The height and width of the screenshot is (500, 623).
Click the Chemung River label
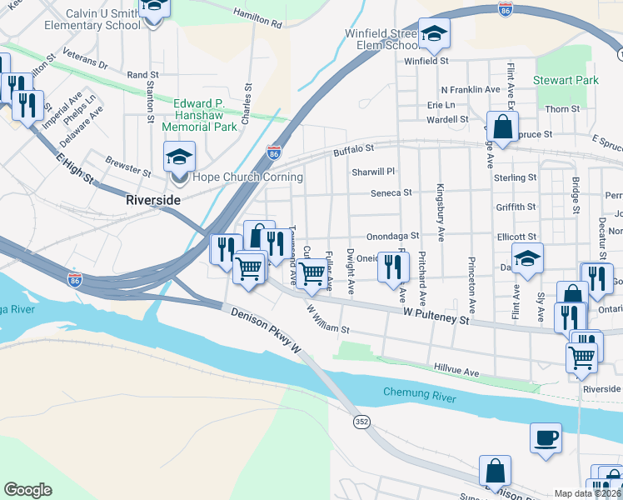pos(420,392)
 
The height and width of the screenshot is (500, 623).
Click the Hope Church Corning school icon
pos(179,155)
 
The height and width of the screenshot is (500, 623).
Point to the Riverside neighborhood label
pos(153,200)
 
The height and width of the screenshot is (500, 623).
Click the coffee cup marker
pos(546,437)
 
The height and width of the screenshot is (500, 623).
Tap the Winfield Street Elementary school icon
pos(433,33)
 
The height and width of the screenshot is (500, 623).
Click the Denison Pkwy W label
pos(266,328)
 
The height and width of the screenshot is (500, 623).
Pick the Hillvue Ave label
pos(457,368)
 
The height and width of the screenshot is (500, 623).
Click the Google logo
pos(27,490)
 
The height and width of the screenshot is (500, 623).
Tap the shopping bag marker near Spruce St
pos(502,127)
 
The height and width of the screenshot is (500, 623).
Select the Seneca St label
pos(391,192)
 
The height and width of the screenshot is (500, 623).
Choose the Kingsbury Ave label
pos(441,212)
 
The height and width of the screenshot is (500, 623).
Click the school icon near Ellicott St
pos(526,258)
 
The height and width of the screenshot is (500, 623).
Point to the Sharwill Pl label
pos(371,172)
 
